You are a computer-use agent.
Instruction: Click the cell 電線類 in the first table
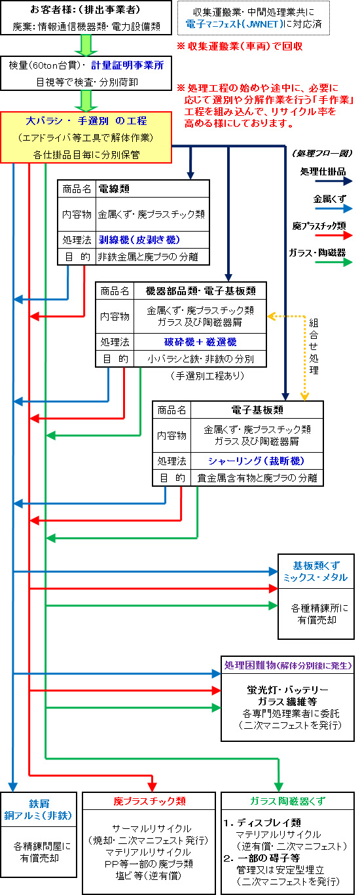pos(114,188)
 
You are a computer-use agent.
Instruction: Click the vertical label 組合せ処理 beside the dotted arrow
pos(314,347)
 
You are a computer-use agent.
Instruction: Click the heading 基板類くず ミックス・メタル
pos(315,571)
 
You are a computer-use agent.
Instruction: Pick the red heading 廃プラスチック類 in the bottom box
pos(149,801)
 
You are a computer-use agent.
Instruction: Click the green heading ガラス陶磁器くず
pos(287,801)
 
